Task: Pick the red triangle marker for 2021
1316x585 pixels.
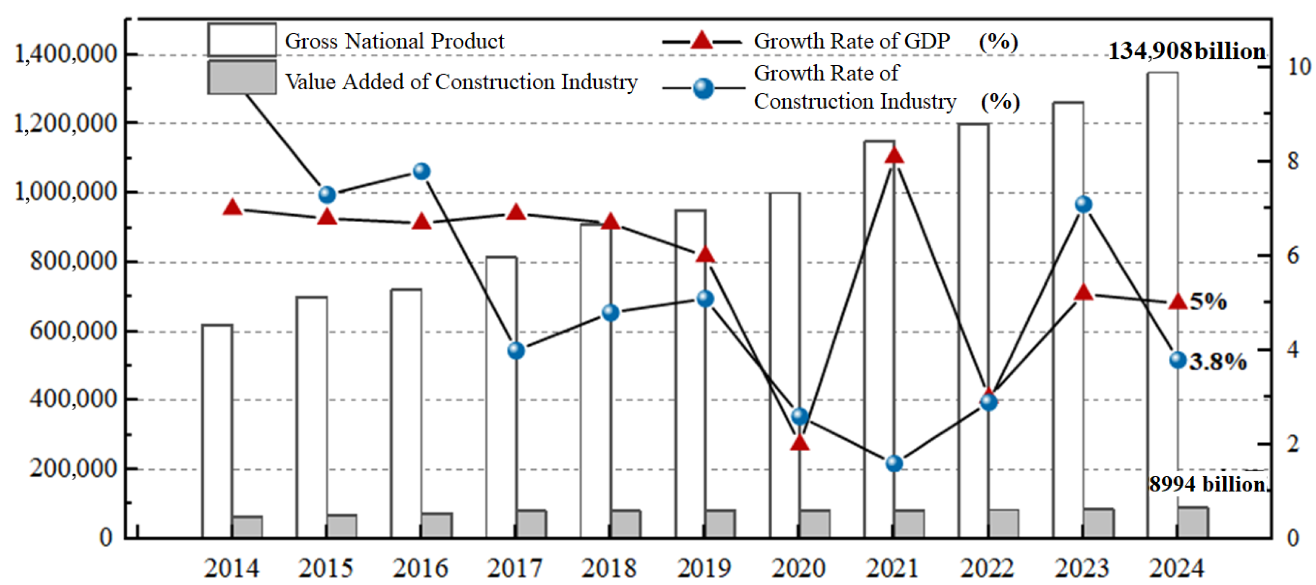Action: (894, 155)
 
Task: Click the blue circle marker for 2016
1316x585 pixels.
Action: (422, 171)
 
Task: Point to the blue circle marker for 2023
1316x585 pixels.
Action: (1083, 204)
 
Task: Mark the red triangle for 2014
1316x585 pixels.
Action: (232, 207)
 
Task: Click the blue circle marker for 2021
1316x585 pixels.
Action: (894, 463)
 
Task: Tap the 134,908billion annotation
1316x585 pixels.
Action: (1186, 52)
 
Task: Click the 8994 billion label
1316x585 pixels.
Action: (1208, 484)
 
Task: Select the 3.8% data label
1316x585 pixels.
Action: (1218, 362)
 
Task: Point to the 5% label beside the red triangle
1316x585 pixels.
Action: (1208, 301)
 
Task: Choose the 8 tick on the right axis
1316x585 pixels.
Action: (1293, 161)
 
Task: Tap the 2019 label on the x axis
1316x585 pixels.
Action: (704, 568)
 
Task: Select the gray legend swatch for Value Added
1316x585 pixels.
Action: (242, 78)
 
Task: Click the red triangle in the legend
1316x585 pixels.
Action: (701, 40)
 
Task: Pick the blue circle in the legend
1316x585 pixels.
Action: (703, 88)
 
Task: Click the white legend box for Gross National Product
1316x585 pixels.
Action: (242, 39)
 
